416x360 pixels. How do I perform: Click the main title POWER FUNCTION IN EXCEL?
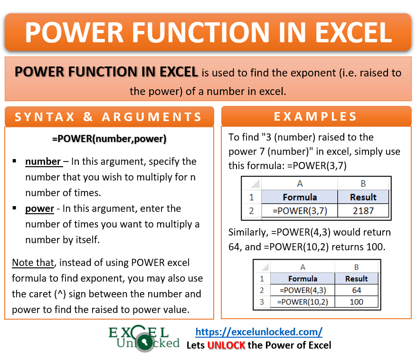pos(208,32)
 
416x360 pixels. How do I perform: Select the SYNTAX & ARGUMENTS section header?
pos(109,117)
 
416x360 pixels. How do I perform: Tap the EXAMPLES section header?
pos(316,117)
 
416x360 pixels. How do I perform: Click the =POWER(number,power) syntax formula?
pos(109,139)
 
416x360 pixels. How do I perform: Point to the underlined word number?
pos(43,161)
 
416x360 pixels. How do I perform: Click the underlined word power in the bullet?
pos(39,208)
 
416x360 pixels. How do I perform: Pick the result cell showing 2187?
pos(363,210)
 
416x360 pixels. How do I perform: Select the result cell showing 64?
pos(356,290)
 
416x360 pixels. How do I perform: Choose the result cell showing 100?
pos(356,302)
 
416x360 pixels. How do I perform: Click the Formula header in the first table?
pos(299,197)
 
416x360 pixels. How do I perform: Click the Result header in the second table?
pos(356,279)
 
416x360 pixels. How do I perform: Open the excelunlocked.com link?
pos(259,331)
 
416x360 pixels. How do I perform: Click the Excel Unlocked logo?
pos(144,338)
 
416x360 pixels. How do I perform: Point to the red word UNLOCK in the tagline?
pos(227,345)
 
